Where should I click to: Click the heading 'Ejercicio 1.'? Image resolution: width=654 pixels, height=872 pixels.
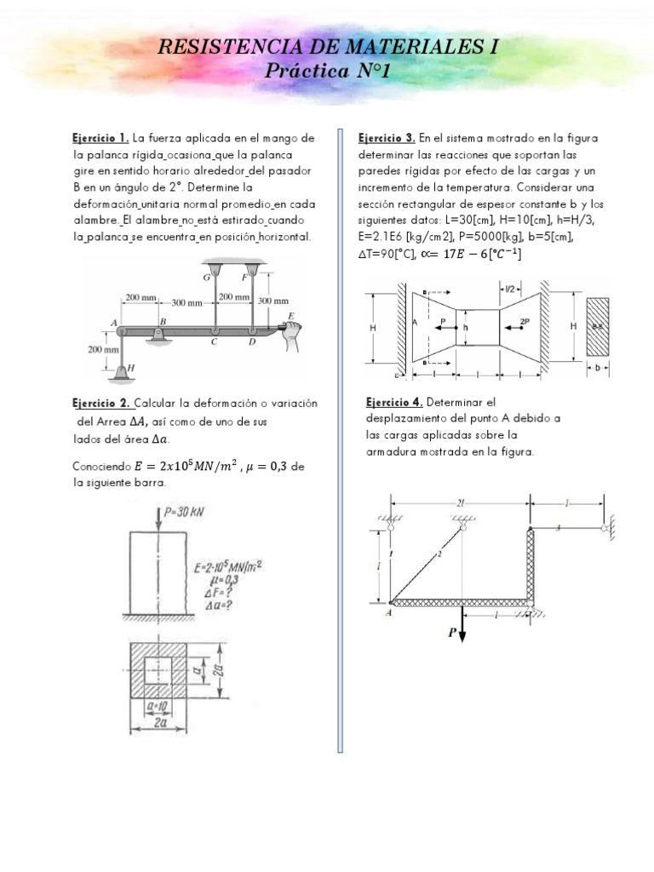[x=100, y=138]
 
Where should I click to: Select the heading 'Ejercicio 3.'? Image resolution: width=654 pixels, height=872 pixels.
[x=387, y=138]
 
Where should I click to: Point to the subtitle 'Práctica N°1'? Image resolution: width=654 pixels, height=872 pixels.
[x=327, y=72]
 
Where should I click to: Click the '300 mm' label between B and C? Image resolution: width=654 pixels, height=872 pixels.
[x=186, y=303]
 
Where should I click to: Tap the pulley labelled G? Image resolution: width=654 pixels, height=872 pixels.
[x=215, y=274]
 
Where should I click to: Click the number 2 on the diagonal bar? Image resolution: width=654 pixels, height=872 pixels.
[x=439, y=555]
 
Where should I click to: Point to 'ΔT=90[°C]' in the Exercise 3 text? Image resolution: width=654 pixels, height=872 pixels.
[x=388, y=255]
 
